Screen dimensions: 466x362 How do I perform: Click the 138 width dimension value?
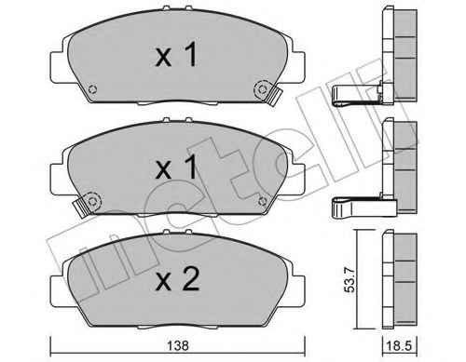[178, 345]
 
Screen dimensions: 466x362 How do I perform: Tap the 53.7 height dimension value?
[349, 280]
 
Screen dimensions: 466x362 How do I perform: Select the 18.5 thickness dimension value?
[398, 346]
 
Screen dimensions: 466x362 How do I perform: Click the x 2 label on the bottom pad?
[177, 280]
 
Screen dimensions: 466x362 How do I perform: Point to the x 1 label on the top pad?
[176, 55]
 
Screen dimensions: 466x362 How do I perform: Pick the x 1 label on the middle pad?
[176, 168]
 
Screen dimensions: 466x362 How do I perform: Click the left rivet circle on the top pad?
[92, 89]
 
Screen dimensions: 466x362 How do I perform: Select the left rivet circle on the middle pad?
[92, 202]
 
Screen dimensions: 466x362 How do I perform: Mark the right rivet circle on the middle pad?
[263, 201]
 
